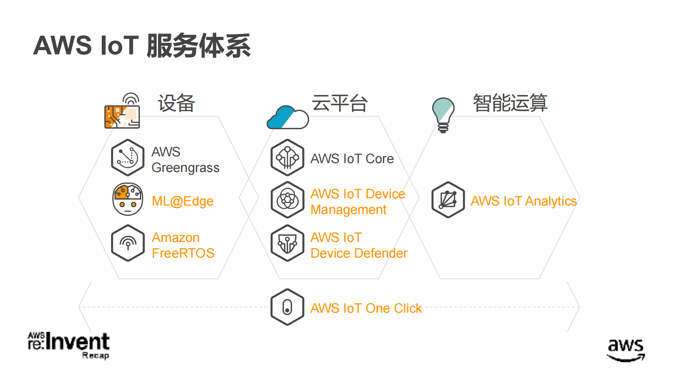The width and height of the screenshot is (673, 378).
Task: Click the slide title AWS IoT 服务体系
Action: coord(142,45)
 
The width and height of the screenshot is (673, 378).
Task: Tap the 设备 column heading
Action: coord(176,103)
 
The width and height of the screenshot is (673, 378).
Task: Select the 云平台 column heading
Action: coord(340,103)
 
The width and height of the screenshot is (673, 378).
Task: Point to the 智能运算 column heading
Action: coord(510,103)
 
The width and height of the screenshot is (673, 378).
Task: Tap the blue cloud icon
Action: coord(288,118)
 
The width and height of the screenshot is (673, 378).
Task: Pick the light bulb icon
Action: coord(443,115)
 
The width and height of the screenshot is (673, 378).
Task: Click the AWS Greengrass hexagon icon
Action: coord(128,158)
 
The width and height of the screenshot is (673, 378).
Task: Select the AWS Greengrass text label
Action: coord(185,160)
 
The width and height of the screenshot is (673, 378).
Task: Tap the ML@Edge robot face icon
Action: coord(128,199)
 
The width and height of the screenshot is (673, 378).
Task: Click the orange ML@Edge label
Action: coord(183,201)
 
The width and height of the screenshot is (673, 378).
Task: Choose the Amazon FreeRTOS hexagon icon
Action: coord(128,243)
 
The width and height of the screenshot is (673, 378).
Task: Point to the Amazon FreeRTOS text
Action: coord(183,245)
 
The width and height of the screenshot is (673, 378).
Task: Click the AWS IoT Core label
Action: coord(352,159)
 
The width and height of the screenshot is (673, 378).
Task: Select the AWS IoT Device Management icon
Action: coord(288,200)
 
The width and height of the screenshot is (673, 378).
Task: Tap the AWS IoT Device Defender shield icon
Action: coord(288,243)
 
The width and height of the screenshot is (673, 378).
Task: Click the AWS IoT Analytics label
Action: coord(524,201)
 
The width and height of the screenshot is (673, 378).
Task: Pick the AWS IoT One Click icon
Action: coord(288,307)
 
